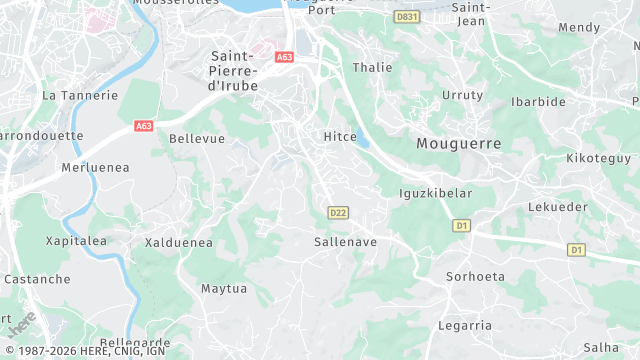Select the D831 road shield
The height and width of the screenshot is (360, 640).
coord(406,17)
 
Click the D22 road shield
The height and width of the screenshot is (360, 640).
coord(337,212)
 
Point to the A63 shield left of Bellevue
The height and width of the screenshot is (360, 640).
coord(143,126)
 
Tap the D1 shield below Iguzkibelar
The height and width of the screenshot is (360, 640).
coord(461,226)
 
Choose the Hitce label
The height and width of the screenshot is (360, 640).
coord(340,136)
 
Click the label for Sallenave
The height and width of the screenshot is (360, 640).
coord(345,242)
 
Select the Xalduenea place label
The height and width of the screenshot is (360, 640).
coord(179,242)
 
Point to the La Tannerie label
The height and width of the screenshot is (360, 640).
coord(80,96)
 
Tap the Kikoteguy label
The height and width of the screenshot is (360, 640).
coord(599,158)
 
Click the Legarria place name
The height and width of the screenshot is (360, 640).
coord(465,325)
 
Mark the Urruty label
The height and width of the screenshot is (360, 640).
coord(462,95)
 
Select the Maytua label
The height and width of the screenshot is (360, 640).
coord(223,289)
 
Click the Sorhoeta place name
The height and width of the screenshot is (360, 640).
coord(473,276)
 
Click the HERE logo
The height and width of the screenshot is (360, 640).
coord(22,324)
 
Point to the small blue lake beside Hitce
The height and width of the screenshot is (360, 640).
coord(362,141)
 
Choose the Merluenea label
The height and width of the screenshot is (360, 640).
coord(96,168)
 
